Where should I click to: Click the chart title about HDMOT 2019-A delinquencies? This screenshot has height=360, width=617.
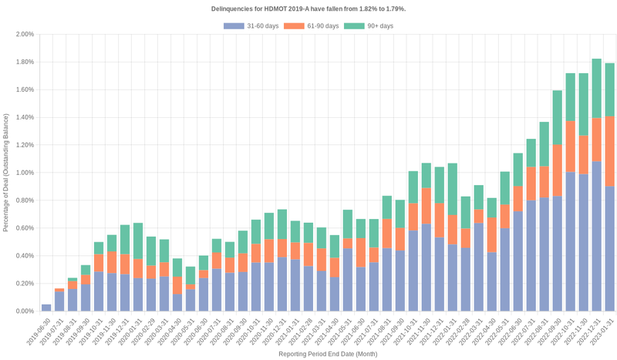308,8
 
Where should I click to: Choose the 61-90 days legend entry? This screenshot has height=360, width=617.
311,26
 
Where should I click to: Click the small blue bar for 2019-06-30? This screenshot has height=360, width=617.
46,308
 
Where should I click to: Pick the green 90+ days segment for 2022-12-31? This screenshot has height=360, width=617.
596,88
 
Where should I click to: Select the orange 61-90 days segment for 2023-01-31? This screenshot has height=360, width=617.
610,151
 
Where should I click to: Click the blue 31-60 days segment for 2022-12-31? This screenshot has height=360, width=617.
596,236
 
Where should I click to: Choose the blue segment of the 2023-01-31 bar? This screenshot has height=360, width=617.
610,248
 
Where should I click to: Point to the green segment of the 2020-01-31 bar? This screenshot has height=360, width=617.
138,241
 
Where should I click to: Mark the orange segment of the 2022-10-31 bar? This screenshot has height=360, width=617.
570,146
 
